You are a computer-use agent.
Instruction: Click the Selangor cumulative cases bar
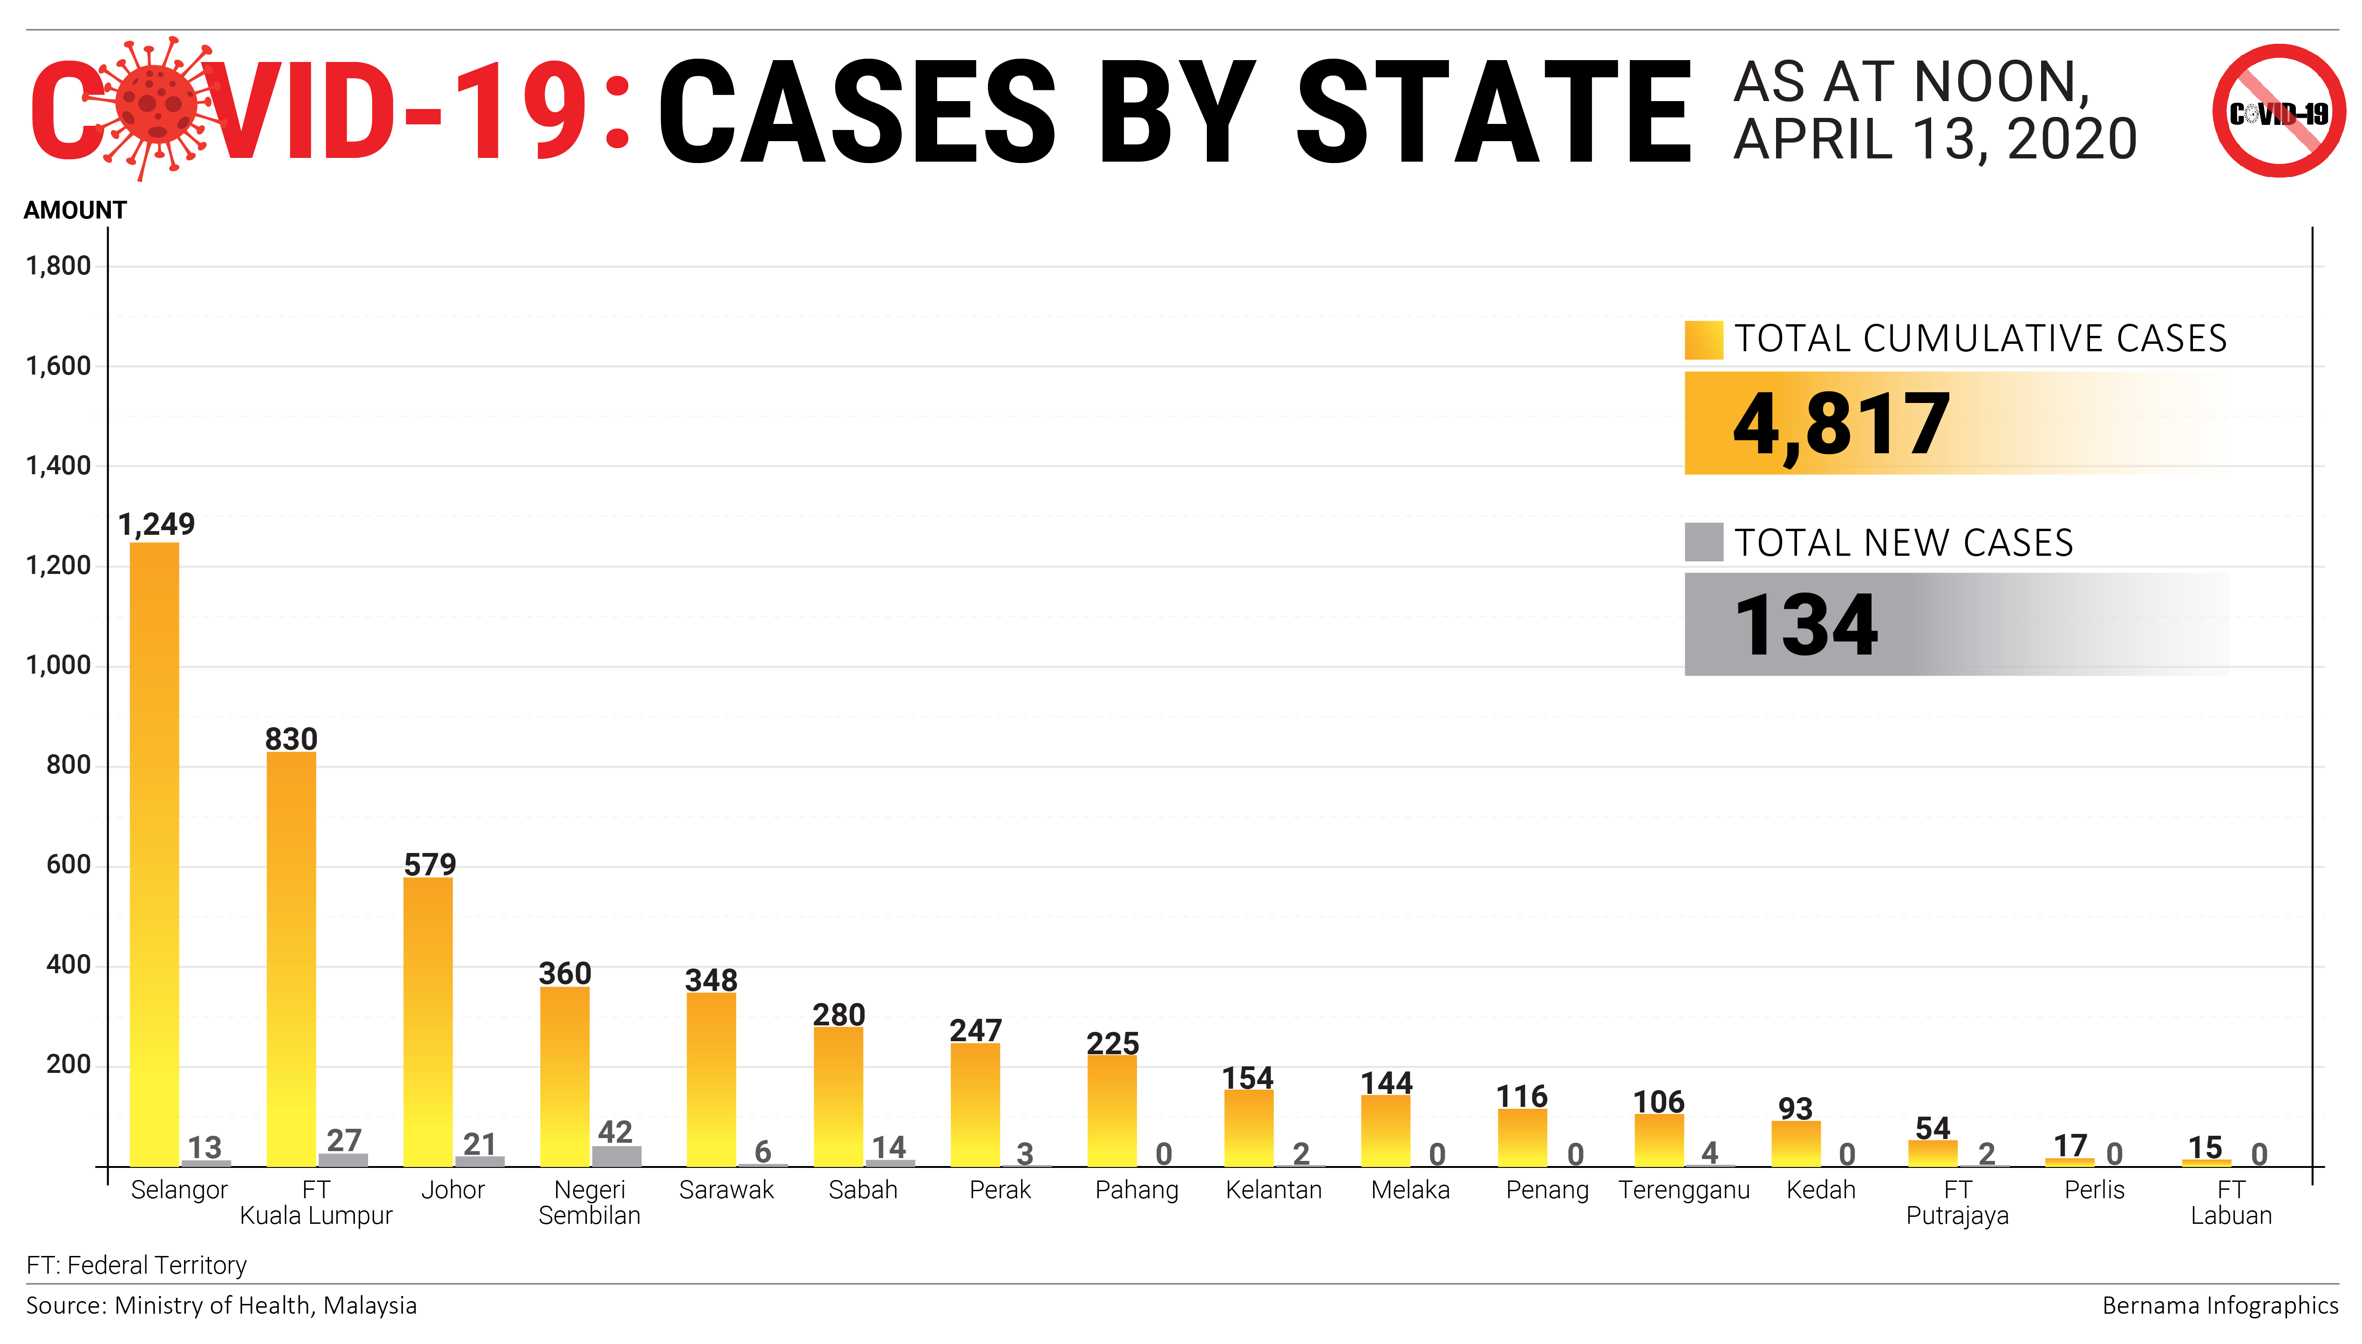click(154, 854)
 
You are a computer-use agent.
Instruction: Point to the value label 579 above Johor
click(430, 865)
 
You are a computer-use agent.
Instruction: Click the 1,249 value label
click(157, 524)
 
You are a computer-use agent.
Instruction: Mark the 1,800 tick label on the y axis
click(58, 266)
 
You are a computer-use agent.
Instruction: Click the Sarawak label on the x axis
click(726, 1190)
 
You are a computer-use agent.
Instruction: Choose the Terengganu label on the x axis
click(1684, 1190)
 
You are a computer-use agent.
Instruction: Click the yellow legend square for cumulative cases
click(1703, 340)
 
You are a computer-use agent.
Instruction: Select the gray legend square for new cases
click(1703, 542)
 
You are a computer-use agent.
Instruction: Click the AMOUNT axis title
click(75, 211)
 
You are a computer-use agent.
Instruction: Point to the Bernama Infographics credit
click(2220, 1305)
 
